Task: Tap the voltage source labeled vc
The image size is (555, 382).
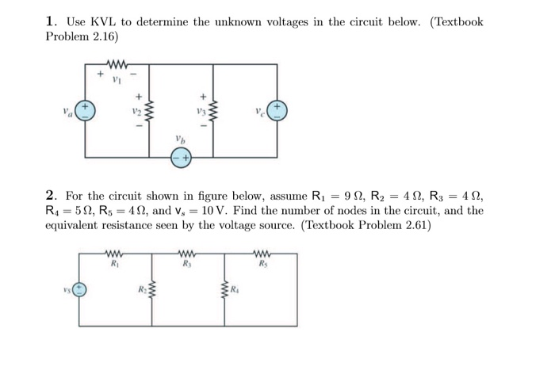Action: [x=277, y=111]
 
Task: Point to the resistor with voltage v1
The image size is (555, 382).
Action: [x=117, y=63]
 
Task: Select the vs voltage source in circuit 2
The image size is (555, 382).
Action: [x=79, y=288]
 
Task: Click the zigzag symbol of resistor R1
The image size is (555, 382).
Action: [x=115, y=254]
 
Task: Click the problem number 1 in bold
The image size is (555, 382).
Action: [x=51, y=22]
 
